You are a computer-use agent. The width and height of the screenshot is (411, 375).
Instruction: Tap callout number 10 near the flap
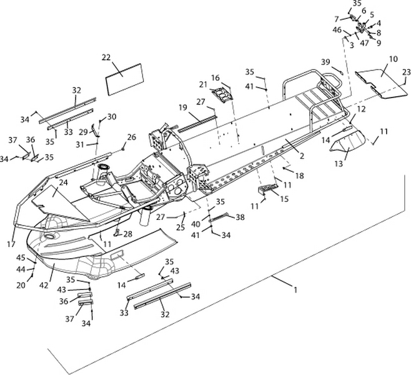[x=393, y=59]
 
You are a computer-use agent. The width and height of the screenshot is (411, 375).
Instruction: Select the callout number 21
[x=203, y=85]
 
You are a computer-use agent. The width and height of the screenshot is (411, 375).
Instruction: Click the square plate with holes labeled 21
[x=220, y=95]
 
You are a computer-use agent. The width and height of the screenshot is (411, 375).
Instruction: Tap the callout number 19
[x=183, y=107]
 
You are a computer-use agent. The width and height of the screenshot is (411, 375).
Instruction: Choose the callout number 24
[x=63, y=184]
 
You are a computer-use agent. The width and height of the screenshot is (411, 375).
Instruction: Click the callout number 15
[x=284, y=199]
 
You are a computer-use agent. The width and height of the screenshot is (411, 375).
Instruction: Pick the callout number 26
[x=131, y=136]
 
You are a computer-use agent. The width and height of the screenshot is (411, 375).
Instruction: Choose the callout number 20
[x=21, y=286]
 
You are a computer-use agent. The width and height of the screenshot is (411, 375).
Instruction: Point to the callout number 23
[x=406, y=73]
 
